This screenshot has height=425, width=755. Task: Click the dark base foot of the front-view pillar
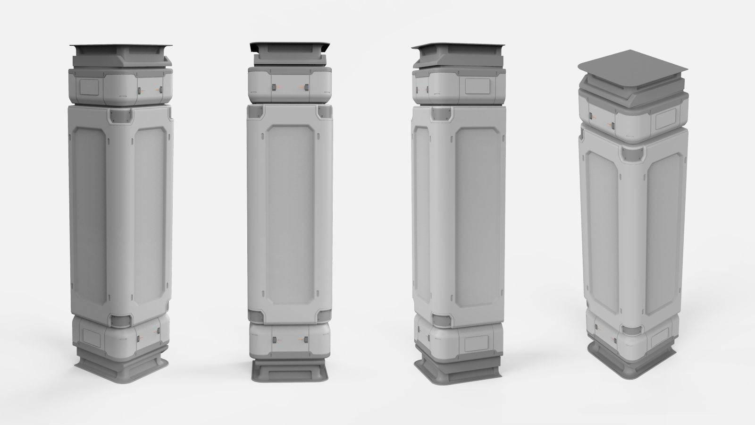click(x=289, y=372)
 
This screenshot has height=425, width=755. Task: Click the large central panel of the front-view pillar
click(x=289, y=215)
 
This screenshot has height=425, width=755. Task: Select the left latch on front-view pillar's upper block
click(x=273, y=87)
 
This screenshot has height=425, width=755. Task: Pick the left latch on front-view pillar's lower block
click(x=274, y=340)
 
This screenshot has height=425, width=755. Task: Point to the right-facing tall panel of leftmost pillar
click(x=150, y=215)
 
